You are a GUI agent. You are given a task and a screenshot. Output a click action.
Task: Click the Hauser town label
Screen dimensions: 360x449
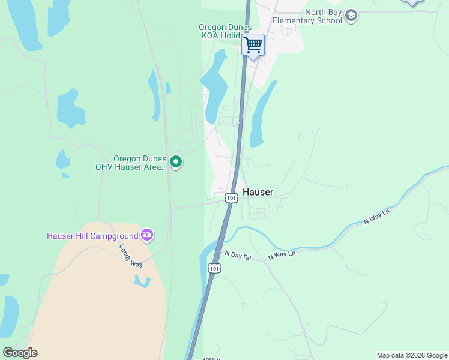(x=258, y=193)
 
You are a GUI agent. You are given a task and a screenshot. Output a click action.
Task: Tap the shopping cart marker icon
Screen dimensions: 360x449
(x=253, y=44)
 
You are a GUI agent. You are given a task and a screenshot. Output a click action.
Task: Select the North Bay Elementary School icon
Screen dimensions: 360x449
(x=351, y=16)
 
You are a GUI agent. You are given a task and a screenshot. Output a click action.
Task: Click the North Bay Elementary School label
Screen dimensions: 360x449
(x=307, y=16)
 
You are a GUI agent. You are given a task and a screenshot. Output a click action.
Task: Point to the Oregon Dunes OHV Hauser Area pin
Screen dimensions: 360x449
(x=176, y=162)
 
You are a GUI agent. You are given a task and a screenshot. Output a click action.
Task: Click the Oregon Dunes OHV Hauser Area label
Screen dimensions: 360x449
(x=131, y=163)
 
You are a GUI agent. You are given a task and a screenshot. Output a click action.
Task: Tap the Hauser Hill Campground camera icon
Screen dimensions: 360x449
(x=147, y=235)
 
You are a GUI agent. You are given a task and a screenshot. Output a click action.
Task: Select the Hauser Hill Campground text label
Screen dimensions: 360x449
(x=92, y=236)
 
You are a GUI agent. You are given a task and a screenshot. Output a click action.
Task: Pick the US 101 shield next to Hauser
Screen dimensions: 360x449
(x=231, y=197)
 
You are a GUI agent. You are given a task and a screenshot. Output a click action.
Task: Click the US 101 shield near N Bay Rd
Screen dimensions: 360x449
(x=214, y=268)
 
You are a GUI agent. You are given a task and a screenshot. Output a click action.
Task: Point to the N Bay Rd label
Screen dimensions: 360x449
(x=237, y=256)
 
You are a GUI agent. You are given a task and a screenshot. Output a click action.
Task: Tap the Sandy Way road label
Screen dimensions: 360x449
(x=129, y=256)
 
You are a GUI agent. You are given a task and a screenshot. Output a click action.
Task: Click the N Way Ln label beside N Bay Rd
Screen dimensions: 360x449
(x=282, y=254)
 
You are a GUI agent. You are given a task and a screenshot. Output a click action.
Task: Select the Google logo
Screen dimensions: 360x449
(x=20, y=352)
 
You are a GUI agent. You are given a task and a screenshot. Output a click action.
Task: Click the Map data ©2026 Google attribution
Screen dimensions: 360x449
(x=412, y=355)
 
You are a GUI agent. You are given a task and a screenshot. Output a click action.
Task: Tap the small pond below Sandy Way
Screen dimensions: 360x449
(x=142, y=281)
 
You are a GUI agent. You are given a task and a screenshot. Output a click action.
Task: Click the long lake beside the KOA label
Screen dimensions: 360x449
(x=214, y=84)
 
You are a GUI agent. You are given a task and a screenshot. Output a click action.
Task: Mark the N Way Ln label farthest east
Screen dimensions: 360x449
(x=377, y=217)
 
